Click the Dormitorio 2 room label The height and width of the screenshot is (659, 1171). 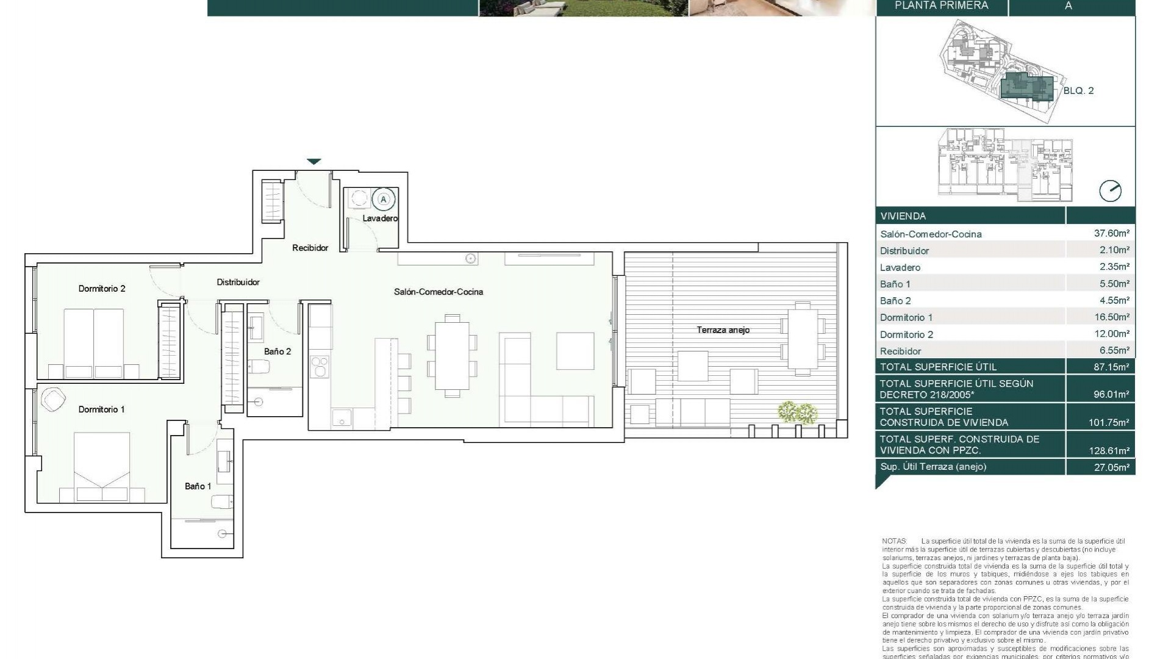[102, 289]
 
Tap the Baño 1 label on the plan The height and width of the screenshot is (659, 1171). [198, 486]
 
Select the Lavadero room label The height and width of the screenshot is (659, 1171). [380, 218]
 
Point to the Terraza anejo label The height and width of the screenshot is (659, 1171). [723, 330]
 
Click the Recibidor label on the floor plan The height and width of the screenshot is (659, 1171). [310, 248]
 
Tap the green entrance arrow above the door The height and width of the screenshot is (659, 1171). [313, 162]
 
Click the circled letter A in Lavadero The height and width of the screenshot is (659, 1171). [384, 200]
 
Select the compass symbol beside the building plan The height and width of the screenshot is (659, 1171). [1110, 191]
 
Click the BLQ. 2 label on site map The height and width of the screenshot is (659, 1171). [1078, 91]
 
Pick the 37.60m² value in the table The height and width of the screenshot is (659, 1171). [1111, 233]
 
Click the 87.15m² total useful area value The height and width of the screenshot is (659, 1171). [1111, 367]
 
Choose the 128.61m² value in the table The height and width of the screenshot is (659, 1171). [1109, 451]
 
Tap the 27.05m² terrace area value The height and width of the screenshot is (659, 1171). [1111, 467]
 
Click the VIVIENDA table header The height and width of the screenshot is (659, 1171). [903, 216]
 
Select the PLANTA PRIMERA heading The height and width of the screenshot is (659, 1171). [941, 6]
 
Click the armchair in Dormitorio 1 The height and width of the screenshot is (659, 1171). [54, 400]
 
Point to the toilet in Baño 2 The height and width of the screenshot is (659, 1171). [259, 367]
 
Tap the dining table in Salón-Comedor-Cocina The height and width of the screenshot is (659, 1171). [452, 356]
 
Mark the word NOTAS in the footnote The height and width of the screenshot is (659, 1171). [894, 541]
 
